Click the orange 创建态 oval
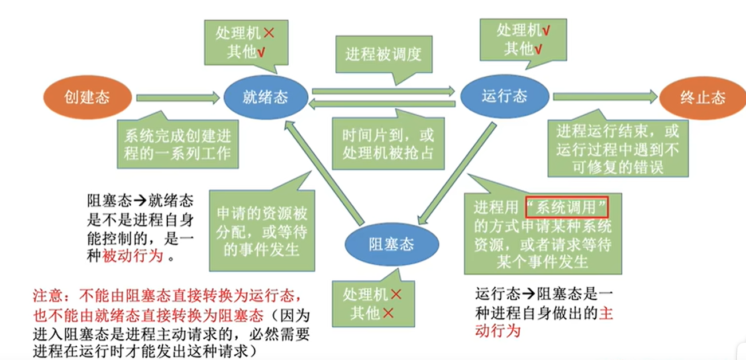tap(87, 97)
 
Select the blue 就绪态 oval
tap(265, 97)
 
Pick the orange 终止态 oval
tap(702, 97)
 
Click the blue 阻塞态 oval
tap(391, 245)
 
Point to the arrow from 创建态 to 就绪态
tap(178, 98)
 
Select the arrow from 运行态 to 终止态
tap(605, 97)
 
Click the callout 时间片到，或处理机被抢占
tap(388, 144)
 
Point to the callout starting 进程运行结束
tap(618, 148)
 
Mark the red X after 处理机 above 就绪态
tap(269, 33)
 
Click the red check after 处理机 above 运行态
tap(547, 31)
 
